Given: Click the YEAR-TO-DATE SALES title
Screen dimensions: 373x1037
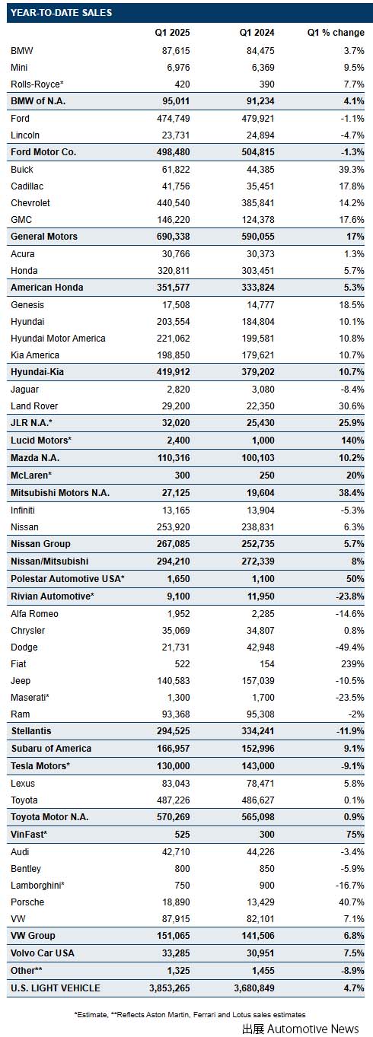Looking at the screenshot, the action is (61, 12).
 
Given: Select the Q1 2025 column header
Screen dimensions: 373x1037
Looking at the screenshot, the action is (172, 33).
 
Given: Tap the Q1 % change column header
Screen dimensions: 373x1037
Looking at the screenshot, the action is (336, 33).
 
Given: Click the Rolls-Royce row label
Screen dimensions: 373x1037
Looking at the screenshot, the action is (37, 84).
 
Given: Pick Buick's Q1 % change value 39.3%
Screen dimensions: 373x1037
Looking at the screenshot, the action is (351, 170).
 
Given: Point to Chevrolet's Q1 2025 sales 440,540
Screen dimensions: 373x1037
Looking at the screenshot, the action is (174, 203).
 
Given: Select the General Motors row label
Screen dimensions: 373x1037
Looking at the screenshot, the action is (44, 236).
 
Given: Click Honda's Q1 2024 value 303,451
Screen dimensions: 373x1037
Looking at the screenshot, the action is (258, 270).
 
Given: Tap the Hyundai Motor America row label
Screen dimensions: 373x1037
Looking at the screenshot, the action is (58, 339).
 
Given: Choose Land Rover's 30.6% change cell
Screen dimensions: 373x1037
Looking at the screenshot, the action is (351, 406).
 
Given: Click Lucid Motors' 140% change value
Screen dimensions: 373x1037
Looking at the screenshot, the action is (352, 441).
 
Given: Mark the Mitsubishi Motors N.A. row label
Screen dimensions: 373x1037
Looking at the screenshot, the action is (60, 493).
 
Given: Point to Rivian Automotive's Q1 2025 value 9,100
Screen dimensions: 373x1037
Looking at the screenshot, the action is (178, 596).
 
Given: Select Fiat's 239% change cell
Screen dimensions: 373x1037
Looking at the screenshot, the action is (352, 664).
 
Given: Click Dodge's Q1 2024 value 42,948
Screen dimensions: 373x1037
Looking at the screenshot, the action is (260, 647).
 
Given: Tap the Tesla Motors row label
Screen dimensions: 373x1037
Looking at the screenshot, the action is (40, 765).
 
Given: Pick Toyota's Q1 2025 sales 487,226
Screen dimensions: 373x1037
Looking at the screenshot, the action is (174, 800).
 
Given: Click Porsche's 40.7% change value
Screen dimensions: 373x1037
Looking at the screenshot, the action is (351, 902).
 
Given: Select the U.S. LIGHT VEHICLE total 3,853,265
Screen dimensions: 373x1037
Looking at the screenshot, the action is (170, 988).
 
